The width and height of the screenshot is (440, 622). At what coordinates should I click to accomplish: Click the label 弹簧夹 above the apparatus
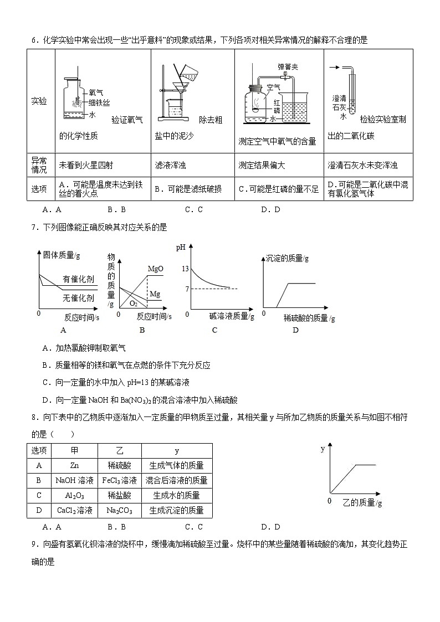[288, 67]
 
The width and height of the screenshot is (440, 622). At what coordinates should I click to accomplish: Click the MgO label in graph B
[155, 269]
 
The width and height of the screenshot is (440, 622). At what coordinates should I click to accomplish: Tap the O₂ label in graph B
[134, 303]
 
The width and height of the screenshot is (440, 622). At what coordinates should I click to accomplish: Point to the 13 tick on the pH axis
[186, 269]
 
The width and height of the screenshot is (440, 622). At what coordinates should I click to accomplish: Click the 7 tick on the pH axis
[187, 289]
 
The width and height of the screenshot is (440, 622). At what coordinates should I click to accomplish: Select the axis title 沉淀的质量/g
[287, 258]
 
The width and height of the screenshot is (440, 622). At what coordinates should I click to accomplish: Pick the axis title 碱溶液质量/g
[232, 316]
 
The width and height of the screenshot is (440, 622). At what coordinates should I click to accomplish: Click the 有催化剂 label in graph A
[78, 279]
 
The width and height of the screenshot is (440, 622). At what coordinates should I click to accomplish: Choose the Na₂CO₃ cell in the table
[119, 510]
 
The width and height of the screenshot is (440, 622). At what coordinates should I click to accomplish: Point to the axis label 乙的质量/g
[362, 503]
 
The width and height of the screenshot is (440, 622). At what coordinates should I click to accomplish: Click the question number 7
[34, 227]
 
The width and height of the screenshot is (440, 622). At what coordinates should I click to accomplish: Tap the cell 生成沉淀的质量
[177, 510]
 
